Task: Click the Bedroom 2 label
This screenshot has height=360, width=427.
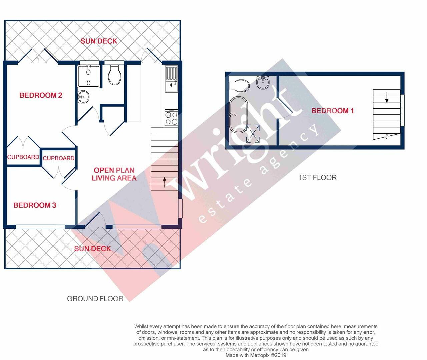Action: click(41, 95)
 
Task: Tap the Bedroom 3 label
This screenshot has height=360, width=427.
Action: click(35, 205)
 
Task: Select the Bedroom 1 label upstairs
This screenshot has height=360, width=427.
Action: click(332, 111)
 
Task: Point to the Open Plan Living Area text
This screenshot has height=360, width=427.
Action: click(114, 174)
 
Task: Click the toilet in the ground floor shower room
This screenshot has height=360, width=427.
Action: click(115, 75)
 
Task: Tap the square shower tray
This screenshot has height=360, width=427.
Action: click(88, 76)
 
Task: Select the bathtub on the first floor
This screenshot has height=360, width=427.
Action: click(238, 115)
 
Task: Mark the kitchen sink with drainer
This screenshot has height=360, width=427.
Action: click(171, 79)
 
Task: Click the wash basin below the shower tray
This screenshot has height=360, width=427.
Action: click(83, 97)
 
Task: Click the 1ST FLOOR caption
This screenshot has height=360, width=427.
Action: click(317, 177)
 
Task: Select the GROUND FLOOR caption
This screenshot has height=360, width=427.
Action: click(95, 299)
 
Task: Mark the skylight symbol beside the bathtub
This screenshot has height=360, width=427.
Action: click(253, 134)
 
